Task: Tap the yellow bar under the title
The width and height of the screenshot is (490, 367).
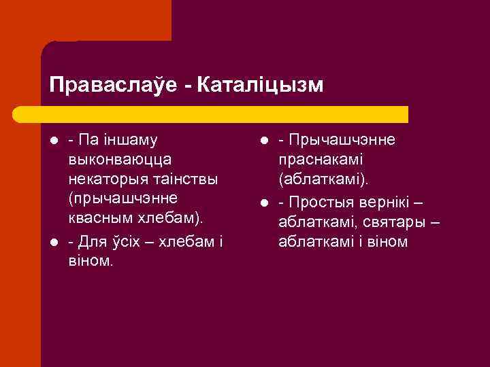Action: [x=225, y=113]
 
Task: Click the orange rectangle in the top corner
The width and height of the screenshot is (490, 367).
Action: [x=85, y=20]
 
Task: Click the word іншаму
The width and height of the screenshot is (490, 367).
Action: [x=129, y=140]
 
